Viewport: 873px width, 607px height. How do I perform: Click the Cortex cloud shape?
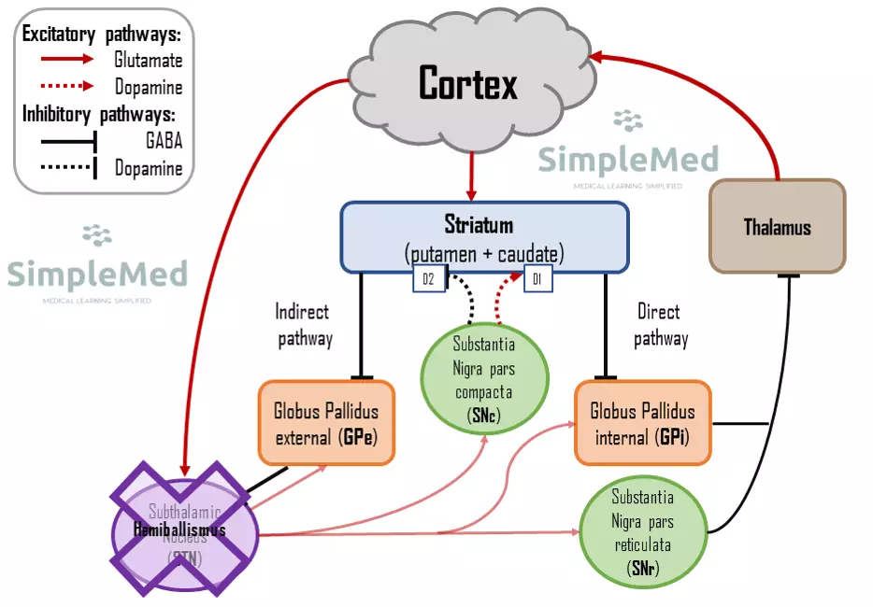coord(467,84)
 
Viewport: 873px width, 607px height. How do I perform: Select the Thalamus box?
coord(777,226)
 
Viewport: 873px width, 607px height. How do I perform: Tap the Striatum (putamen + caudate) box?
coord(483,239)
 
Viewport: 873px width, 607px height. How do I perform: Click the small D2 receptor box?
coord(429,278)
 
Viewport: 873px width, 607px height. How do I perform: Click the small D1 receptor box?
coord(537,278)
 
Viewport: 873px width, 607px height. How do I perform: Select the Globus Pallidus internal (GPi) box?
coord(642,422)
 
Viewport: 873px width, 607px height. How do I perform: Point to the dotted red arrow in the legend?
coord(60,87)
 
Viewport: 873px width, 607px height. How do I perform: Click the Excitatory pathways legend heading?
coord(101,35)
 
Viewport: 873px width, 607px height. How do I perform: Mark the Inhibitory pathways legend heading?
coord(101,115)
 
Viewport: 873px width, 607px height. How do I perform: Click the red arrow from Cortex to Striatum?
coord(472,175)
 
